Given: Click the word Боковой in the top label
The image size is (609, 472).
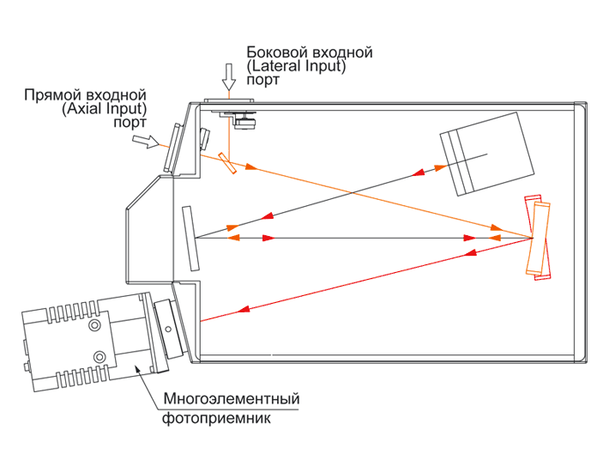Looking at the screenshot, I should [x=273, y=52].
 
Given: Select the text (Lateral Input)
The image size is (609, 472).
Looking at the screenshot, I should [x=295, y=66].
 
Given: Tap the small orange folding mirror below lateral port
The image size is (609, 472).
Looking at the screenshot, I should [x=226, y=163].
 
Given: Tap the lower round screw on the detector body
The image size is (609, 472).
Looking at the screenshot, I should [x=100, y=355].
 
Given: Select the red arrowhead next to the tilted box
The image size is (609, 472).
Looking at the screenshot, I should [x=420, y=172].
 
